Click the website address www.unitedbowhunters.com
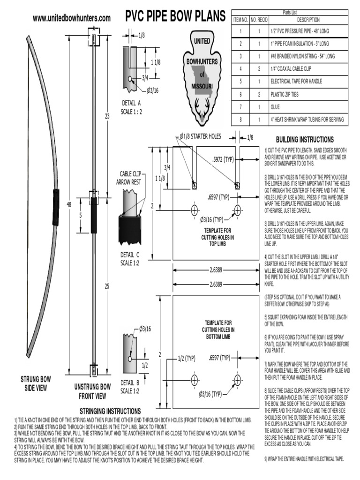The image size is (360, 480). [72, 18]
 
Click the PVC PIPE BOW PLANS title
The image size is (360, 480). [175, 17]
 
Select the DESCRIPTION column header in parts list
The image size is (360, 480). [308, 20]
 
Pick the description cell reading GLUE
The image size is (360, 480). [275, 107]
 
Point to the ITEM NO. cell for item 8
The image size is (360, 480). [240, 120]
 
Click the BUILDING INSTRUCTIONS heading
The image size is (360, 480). [305, 140]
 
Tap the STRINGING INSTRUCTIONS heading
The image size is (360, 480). [107, 411]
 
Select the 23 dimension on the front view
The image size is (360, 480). [107, 116]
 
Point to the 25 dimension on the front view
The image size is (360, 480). [107, 286]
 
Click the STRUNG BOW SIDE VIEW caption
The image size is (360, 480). [35, 383]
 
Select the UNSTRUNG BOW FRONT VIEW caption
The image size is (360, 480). [92, 391]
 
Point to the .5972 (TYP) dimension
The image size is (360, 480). [223, 160]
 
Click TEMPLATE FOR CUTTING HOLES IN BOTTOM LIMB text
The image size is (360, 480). [218, 330]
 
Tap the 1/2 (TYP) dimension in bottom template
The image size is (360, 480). [187, 358]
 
